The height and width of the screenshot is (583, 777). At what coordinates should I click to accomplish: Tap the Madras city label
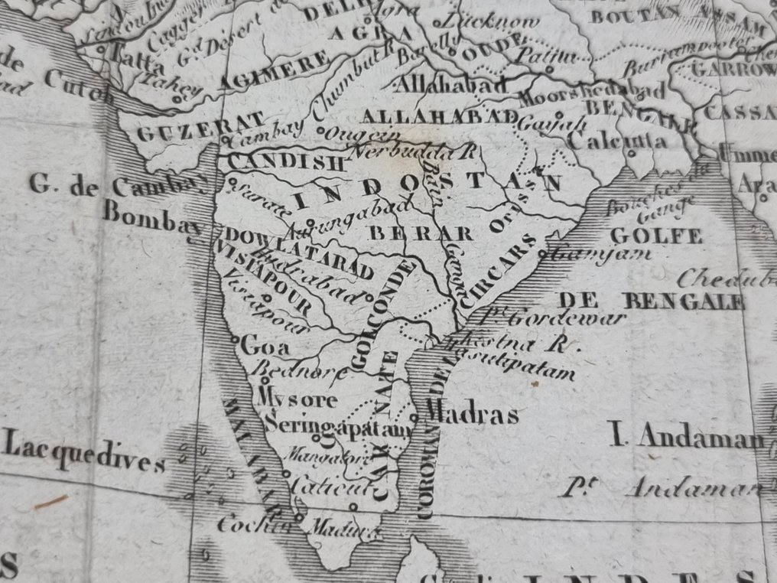click(x=472, y=414)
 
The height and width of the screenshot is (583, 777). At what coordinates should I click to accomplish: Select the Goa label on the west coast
click(x=265, y=346)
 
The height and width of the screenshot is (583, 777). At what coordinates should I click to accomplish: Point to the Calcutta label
click(x=617, y=142)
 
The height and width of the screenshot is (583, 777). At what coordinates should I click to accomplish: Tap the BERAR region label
click(x=421, y=233)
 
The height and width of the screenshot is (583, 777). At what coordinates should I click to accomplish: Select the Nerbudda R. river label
click(x=413, y=152)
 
